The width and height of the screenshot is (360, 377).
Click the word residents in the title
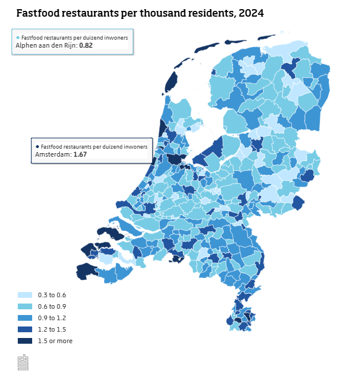203,13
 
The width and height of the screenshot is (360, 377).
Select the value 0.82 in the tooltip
86,45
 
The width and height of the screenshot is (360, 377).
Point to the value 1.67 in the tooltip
80,155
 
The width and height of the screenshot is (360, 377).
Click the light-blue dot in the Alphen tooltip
17,37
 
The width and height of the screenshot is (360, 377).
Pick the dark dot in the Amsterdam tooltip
37,146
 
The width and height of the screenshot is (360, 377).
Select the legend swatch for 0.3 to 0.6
25,295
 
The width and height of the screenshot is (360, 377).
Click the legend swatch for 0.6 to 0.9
25,306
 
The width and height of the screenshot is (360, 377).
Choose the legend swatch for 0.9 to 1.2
25,318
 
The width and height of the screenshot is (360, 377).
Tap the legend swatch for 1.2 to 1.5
25,329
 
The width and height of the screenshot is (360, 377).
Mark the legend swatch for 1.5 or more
25,341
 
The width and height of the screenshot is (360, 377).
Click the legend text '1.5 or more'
55,341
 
